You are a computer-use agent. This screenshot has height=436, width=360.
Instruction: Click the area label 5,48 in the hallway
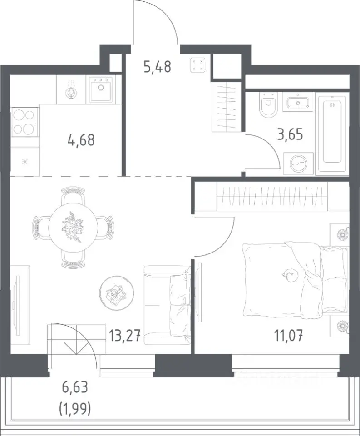click(157, 67)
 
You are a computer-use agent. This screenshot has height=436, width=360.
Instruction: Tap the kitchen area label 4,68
click(81, 140)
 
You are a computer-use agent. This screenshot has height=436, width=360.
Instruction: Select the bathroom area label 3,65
click(290, 134)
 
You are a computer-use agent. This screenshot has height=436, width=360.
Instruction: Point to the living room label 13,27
click(124, 336)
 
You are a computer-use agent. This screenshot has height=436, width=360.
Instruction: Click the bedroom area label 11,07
click(289, 335)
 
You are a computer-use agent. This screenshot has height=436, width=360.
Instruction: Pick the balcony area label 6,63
click(75, 387)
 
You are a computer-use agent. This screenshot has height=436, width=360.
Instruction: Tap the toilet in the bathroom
click(268, 104)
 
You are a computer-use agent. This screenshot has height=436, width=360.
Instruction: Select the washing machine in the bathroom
click(298, 164)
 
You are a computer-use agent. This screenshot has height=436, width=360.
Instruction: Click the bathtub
click(332, 129)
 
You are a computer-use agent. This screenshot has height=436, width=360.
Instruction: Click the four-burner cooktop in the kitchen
click(24, 122)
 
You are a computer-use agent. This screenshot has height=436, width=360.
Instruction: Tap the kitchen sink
click(101, 89)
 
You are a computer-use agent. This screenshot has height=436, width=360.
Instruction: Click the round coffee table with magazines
click(117, 292)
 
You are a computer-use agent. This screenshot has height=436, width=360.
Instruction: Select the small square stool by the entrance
click(198, 65)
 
